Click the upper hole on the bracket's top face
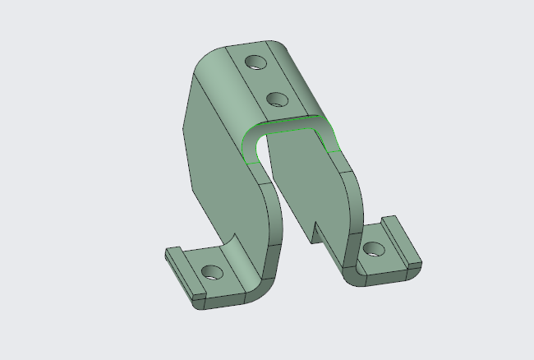(x=255, y=62)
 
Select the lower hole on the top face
(x=278, y=100)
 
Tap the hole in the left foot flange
(x=212, y=270)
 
